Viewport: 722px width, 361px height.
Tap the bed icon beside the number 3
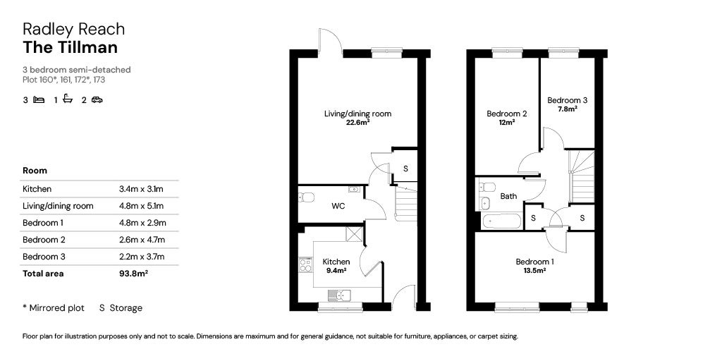click(39, 99)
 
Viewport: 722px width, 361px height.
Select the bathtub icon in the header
click(68, 99)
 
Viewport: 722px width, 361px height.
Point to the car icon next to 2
click(97, 99)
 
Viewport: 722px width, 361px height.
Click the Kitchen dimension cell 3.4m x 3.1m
click(141, 189)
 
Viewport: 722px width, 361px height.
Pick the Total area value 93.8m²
click(133, 274)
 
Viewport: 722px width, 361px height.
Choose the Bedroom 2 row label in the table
click(44, 240)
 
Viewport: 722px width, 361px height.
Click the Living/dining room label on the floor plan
click(357, 114)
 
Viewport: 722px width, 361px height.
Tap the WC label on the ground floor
click(338, 206)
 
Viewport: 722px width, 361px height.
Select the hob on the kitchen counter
click(305, 265)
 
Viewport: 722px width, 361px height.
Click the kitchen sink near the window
click(339, 294)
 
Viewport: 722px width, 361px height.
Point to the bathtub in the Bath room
click(501, 221)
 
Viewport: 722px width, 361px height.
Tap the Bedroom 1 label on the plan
click(534, 262)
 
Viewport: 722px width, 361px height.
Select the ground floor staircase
click(405, 201)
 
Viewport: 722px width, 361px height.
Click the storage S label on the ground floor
click(405, 169)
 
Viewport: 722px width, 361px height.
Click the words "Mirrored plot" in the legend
click(56, 308)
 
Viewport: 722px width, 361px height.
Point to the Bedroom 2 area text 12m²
click(507, 123)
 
